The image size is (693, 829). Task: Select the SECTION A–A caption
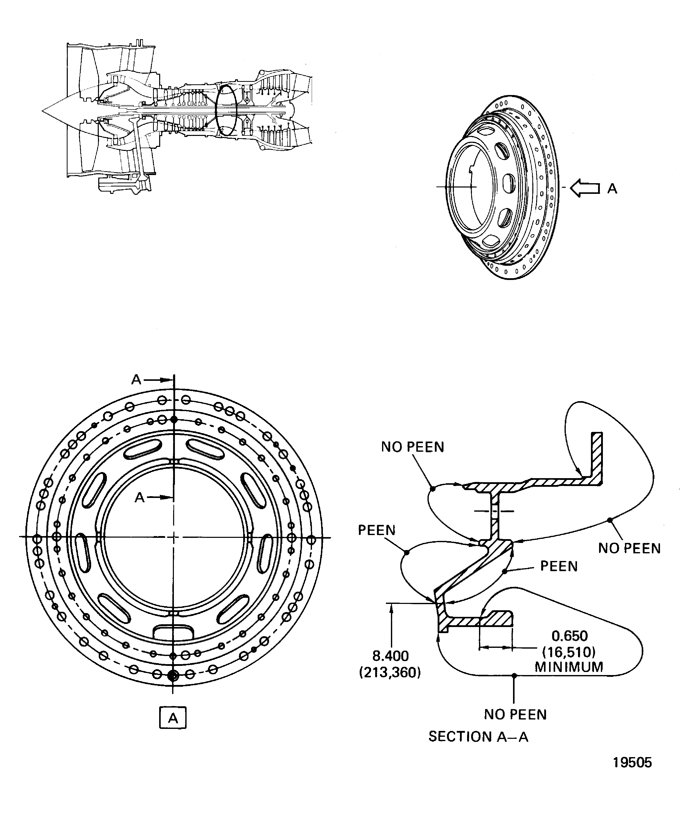(478, 737)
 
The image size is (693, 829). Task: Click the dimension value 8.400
(390, 656)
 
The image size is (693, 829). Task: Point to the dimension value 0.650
(569, 636)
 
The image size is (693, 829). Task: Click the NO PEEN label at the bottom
(515, 714)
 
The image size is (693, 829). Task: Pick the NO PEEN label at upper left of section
(412, 447)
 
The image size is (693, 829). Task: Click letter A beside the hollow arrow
(612, 189)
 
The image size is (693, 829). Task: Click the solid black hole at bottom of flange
(173, 676)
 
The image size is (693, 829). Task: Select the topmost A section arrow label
(136, 380)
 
